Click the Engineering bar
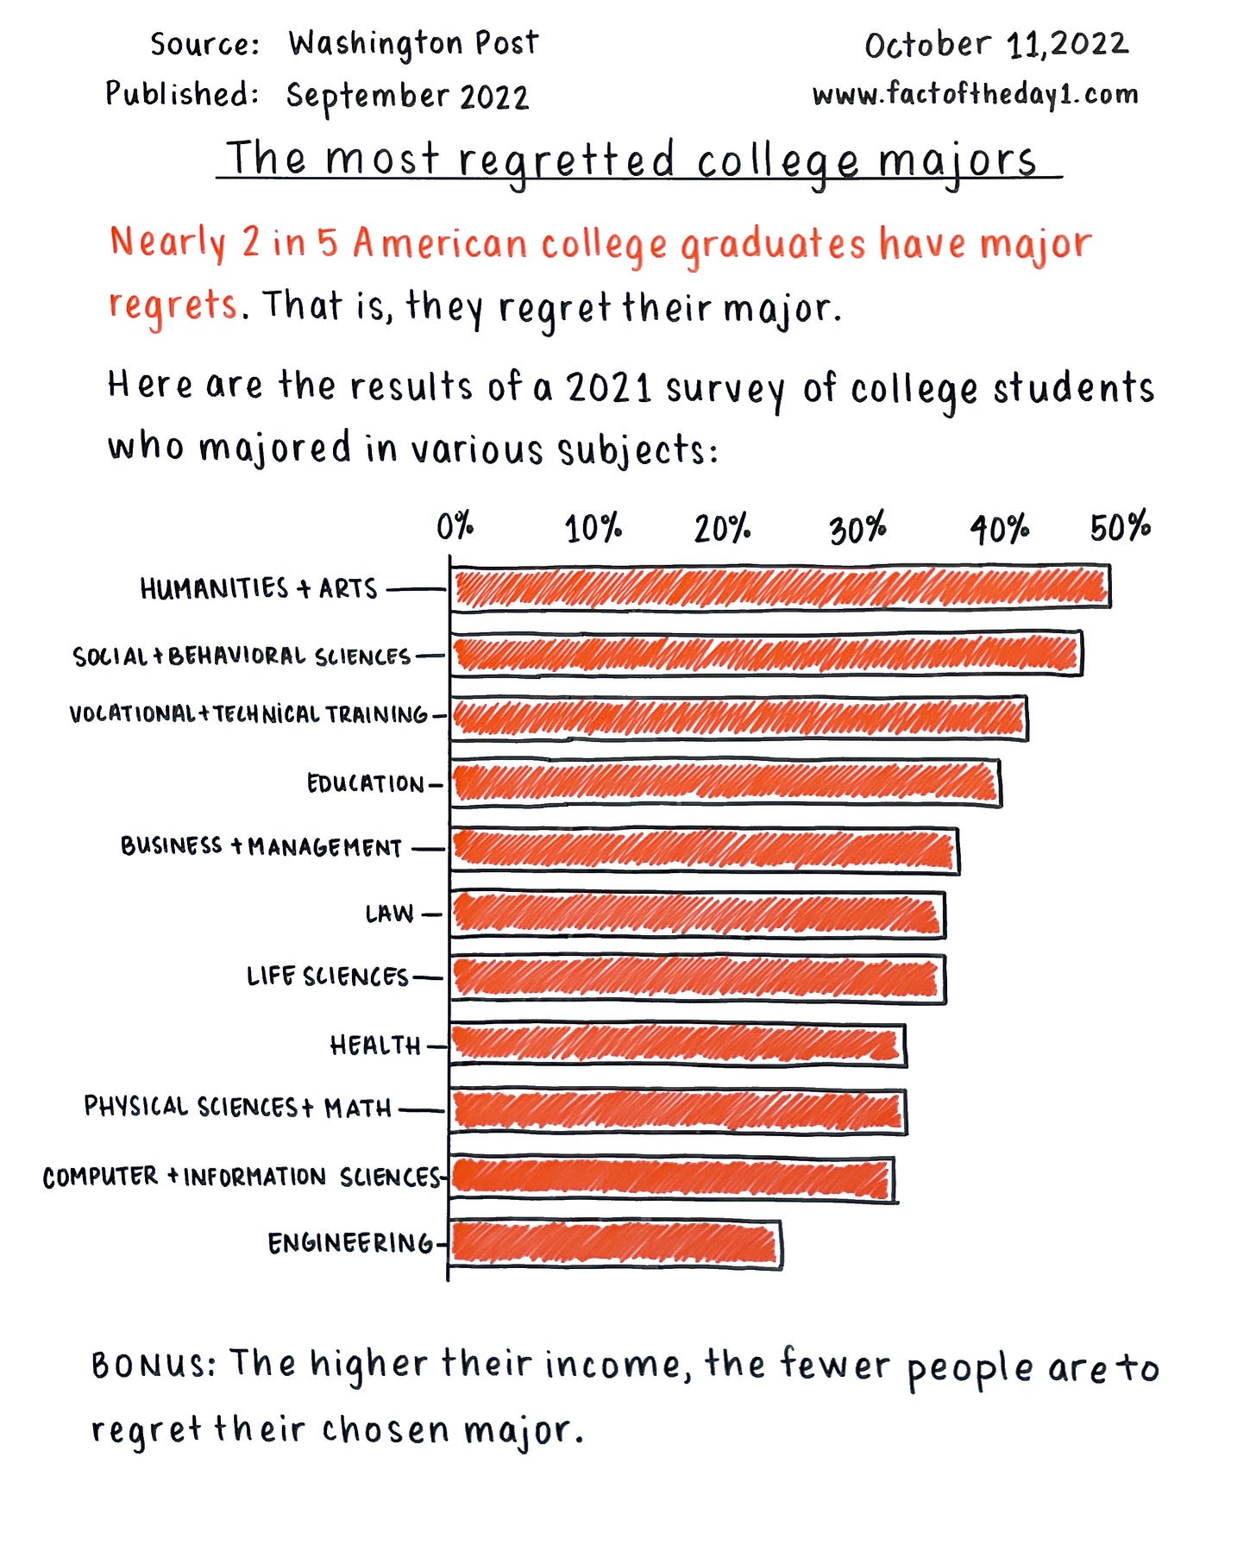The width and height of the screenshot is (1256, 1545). click(614, 1245)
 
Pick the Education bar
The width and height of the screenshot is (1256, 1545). click(725, 782)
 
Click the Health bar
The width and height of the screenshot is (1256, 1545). click(677, 1046)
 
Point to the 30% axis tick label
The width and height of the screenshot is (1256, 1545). click(857, 529)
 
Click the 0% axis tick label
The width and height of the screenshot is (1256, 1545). click(455, 525)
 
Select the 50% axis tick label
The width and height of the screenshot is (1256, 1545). click(1120, 527)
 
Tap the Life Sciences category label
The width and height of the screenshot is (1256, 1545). click(327, 977)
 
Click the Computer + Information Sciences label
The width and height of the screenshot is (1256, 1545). click(242, 1178)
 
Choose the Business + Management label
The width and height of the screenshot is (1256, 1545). click(261, 846)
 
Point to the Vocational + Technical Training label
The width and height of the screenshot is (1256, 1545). click(248, 714)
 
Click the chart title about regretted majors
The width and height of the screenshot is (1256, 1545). click(631, 160)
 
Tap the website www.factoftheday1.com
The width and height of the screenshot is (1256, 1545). click(975, 94)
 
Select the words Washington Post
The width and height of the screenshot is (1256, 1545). click(413, 44)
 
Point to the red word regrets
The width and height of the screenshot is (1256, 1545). click(173, 306)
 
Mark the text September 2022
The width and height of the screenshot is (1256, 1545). click(407, 97)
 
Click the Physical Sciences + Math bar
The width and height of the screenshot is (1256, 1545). click(677, 1111)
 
